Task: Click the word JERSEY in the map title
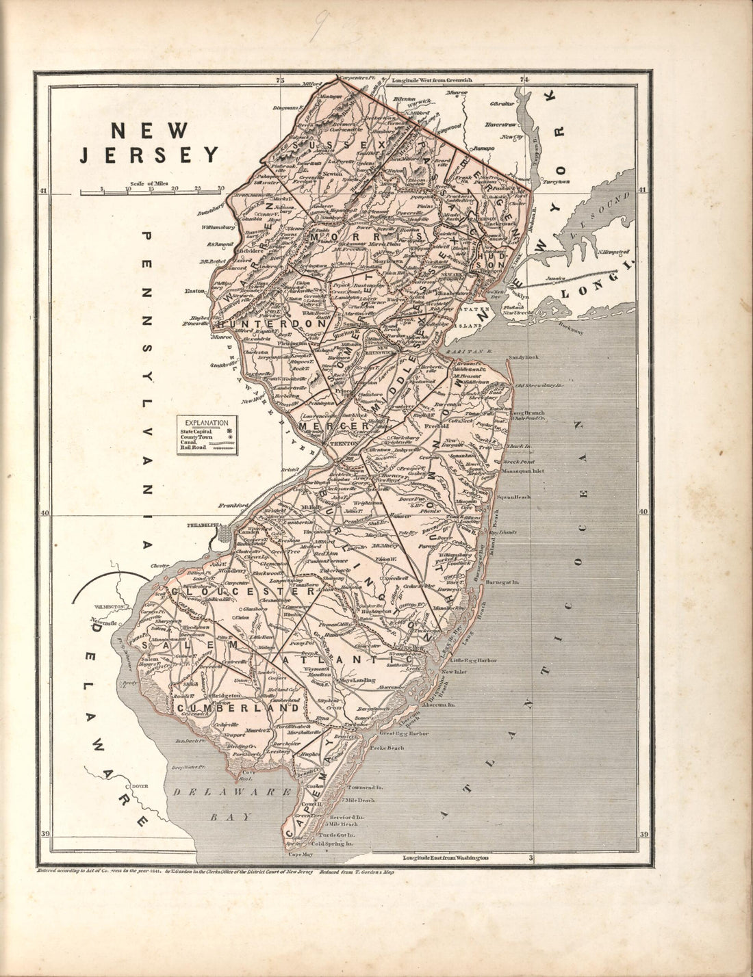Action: pos(150,155)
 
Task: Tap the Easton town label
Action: pos(195,291)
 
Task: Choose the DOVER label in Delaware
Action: pos(141,786)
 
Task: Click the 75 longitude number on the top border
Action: pos(279,81)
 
